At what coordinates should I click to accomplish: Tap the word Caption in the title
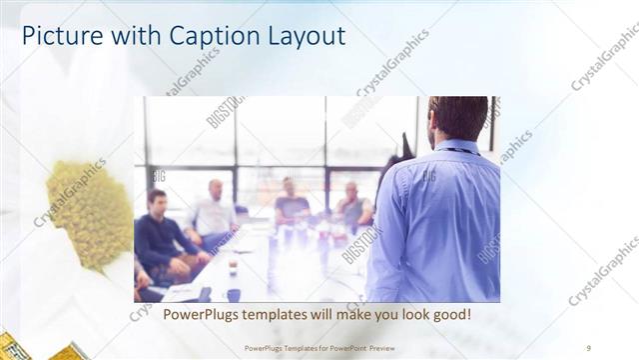[195, 36]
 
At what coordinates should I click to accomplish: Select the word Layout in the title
[299, 36]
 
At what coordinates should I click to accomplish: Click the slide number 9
[589, 348]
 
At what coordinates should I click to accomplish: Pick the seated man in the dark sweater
[160, 235]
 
